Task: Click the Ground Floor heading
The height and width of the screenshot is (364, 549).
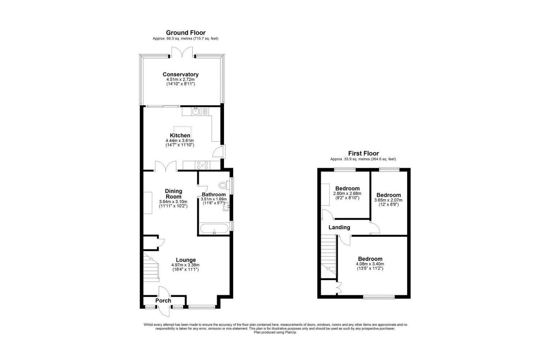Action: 186,33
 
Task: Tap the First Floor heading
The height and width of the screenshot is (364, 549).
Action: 363,153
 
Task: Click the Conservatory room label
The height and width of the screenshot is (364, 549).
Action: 181,74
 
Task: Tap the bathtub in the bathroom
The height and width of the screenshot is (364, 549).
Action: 214,229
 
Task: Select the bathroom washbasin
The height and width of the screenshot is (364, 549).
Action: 226,207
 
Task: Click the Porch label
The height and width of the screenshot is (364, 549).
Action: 163,301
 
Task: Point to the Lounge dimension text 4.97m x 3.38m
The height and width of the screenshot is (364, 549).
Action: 185,265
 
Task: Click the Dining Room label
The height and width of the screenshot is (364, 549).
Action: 173,194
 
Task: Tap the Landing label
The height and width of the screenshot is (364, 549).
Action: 339,227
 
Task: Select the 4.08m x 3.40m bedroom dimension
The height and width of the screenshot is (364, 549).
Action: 370,264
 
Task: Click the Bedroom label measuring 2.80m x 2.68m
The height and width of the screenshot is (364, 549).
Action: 347,188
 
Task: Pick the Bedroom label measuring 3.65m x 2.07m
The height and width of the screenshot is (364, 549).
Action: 389,195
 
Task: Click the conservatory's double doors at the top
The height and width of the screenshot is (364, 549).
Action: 182,52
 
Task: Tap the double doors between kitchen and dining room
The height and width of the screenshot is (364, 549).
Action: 166,166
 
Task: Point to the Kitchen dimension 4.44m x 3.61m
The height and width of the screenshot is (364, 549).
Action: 180,140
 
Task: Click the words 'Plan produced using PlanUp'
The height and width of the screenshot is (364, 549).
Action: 275,333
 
